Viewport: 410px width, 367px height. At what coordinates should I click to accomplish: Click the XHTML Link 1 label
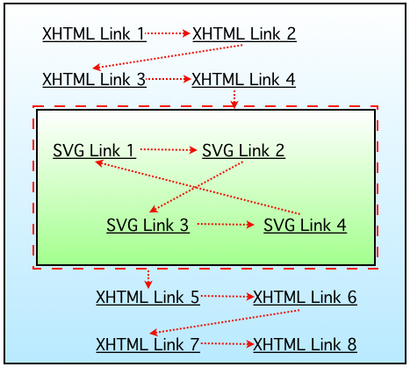point(93,34)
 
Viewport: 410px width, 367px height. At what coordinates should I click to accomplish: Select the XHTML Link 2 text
point(243,34)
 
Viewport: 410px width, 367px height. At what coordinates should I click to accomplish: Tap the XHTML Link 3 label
point(93,79)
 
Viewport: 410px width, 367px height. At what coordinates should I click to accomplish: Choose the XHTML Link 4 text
point(243,79)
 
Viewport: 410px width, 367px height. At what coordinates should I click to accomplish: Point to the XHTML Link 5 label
point(147,297)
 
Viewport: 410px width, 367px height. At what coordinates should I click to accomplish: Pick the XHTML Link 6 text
point(305,297)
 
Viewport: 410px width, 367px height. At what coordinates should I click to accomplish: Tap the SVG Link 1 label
point(93,150)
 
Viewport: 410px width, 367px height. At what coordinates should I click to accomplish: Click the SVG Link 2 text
point(243,150)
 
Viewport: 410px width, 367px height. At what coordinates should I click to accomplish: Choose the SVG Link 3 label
point(147,225)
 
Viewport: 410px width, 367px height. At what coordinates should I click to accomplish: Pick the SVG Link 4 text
point(305,225)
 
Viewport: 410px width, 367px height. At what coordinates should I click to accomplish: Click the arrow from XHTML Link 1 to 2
point(168,34)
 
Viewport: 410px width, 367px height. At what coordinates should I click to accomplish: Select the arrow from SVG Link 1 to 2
point(169,150)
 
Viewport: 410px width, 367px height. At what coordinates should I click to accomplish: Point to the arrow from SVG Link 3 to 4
point(227,225)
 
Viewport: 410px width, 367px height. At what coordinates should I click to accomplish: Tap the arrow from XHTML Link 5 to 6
point(227,297)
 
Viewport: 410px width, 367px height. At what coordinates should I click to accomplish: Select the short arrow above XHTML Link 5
point(148,278)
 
